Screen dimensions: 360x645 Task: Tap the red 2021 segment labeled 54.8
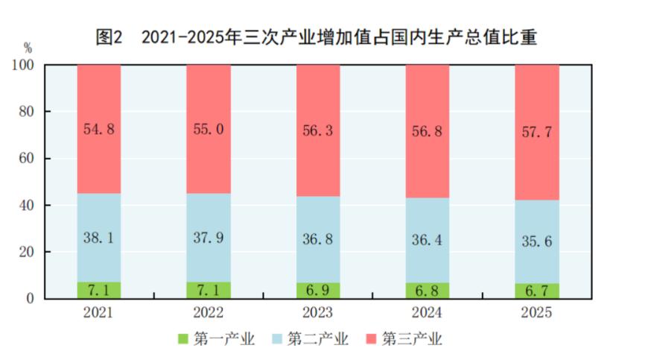click(x=98, y=128)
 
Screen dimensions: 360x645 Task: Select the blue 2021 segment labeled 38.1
click(x=98, y=237)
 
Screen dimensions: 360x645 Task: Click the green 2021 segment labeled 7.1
click(x=98, y=290)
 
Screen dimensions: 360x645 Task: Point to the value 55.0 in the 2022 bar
click(x=208, y=128)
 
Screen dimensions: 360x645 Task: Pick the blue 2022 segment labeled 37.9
click(x=208, y=237)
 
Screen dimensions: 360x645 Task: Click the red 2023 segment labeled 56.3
click(x=318, y=130)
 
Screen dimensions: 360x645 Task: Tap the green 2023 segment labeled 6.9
click(x=318, y=290)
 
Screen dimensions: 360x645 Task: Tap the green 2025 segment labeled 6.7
click(x=537, y=291)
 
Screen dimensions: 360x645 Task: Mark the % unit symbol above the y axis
click(x=28, y=48)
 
